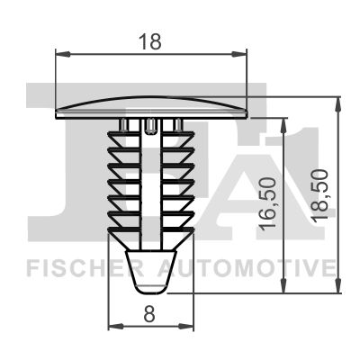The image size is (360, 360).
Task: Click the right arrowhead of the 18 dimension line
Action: click(x=243, y=54)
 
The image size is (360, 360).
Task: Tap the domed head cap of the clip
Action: click(x=151, y=103)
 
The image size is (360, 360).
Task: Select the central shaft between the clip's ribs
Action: click(x=151, y=180)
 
